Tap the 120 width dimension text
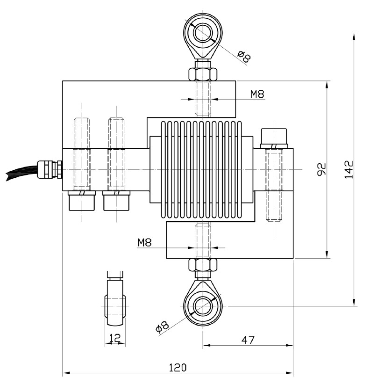click(178, 367)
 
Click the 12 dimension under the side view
click(114, 337)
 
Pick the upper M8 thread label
click(257, 94)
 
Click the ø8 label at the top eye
click(244, 57)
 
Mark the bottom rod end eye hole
click(203, 306)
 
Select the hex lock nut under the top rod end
click(203, 74)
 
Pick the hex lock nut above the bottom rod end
click(203, 265)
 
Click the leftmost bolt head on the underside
click(81, 201)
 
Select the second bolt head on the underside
click(115, 201)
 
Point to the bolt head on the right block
click(273, 136)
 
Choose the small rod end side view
click(114, 302)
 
